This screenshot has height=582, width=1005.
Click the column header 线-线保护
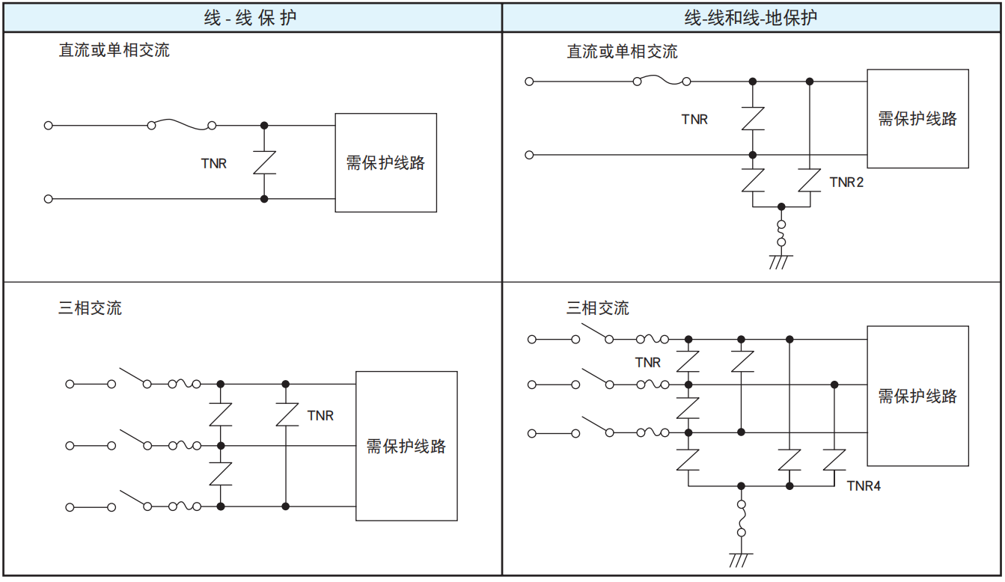(250, 18)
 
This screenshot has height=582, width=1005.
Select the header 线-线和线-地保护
(751, 18)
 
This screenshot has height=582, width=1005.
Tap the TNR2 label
(846, 182)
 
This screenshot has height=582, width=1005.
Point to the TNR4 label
(864, 486)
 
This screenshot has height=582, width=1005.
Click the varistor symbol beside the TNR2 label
(810, 180)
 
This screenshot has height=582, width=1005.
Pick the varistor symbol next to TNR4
(834, 459)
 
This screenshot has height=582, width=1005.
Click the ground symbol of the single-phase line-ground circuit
(781, 261)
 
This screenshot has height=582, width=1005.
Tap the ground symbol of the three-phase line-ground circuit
(741, 560)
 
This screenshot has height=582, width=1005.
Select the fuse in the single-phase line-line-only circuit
(182, 125)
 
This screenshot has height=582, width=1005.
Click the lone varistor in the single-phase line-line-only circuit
(264, 162)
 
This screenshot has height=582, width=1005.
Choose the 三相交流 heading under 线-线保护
(90, 307)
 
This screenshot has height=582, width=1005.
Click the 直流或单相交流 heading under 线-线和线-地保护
(622, 52)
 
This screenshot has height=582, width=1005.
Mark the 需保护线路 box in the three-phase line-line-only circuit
(406, 446)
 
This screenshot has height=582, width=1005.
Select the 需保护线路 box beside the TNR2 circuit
(917, 118)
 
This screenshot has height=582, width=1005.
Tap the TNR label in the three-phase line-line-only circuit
(320, 415)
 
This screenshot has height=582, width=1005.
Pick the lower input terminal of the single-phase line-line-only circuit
(49, 199)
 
